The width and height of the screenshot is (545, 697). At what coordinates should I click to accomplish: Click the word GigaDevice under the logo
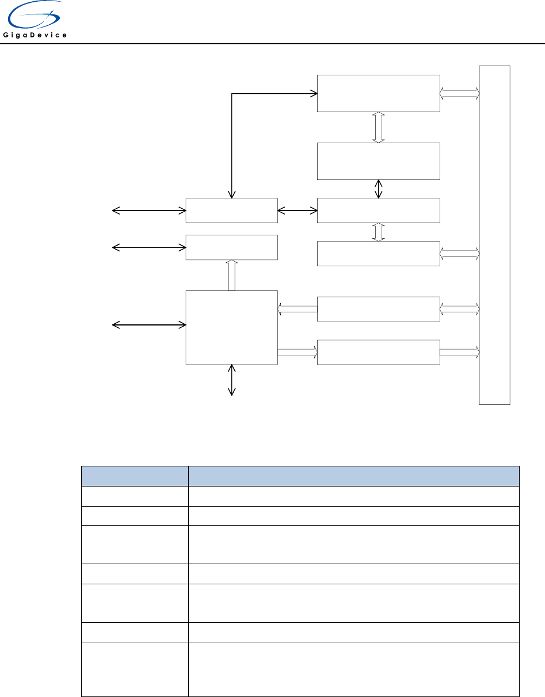click(36, 36)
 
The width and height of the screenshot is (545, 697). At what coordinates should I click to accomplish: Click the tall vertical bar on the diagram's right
click(494, 235)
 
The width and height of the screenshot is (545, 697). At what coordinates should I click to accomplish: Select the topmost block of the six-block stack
click(378, 93)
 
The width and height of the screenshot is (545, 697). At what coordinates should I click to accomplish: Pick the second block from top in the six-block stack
click(378, 161)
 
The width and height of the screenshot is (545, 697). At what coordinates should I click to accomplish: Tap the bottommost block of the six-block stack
click(378, 352)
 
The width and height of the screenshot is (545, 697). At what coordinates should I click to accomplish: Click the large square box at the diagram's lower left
click(231, 327)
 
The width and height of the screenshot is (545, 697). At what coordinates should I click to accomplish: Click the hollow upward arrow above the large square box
click(232, 275)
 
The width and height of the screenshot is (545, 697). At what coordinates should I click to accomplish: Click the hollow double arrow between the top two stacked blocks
click(378, 127)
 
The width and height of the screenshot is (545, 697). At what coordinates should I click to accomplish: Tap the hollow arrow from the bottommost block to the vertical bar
click(459, 351)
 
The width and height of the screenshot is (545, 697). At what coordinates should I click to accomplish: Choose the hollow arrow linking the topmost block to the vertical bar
click(459, 93)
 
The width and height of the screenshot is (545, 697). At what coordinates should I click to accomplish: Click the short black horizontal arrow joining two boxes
click(298, 211)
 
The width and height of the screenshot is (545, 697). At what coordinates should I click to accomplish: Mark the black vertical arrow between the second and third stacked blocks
click(378, 189)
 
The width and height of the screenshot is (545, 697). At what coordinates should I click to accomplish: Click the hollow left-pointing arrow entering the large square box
click(298, 309)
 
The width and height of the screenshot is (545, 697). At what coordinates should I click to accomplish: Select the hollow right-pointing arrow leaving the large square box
click(298, 351)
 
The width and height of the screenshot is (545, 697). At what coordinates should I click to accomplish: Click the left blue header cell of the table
click(135, 476)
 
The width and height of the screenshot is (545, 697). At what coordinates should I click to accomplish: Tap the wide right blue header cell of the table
click(353, 476)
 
